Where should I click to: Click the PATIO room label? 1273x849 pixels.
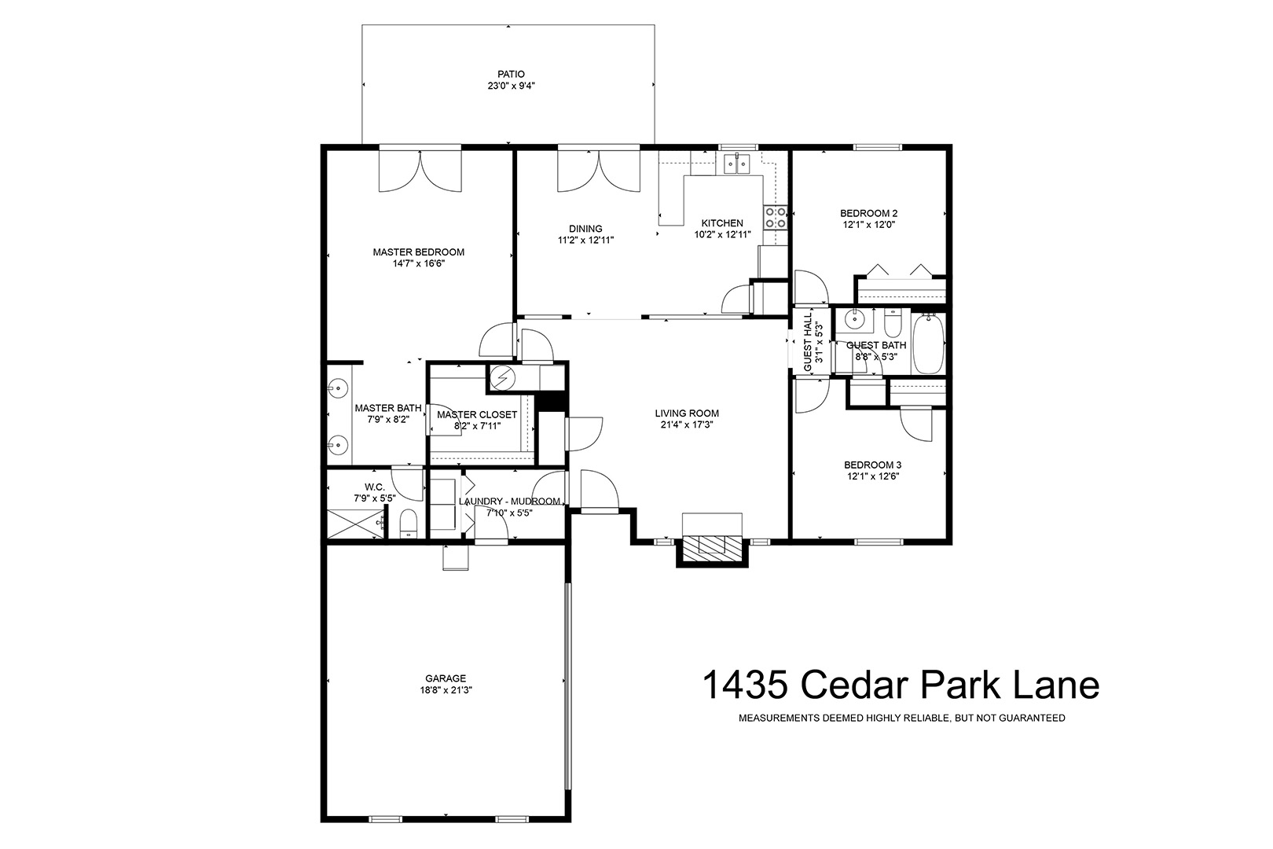click(x=511, y=74)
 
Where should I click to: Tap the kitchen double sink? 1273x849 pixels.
click(x=736, y=164)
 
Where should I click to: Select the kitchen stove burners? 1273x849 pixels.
click(x=776, y=217)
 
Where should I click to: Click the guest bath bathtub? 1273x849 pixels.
click(x=928, y=344)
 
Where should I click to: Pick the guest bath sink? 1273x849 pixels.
click(x=853, y=320)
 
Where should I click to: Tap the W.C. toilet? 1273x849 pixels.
click(x=409, y=524)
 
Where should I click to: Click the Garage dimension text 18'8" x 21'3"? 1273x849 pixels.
click(x=446, y=690)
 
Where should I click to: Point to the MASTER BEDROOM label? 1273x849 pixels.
click(x=419, y=252)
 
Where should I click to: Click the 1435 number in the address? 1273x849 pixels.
click(x=745, y=685)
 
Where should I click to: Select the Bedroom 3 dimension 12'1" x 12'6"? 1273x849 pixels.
click(x=873, y=476)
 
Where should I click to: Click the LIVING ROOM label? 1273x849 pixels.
click(x=687, y=413)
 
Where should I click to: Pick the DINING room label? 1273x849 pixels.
click(x=585, y=229)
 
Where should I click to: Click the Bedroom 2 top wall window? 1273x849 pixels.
click(x=878, y=147)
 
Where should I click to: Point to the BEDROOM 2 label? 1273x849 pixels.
click(x=869, y=213)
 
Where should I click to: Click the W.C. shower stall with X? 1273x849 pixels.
click(x=353, y=524)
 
